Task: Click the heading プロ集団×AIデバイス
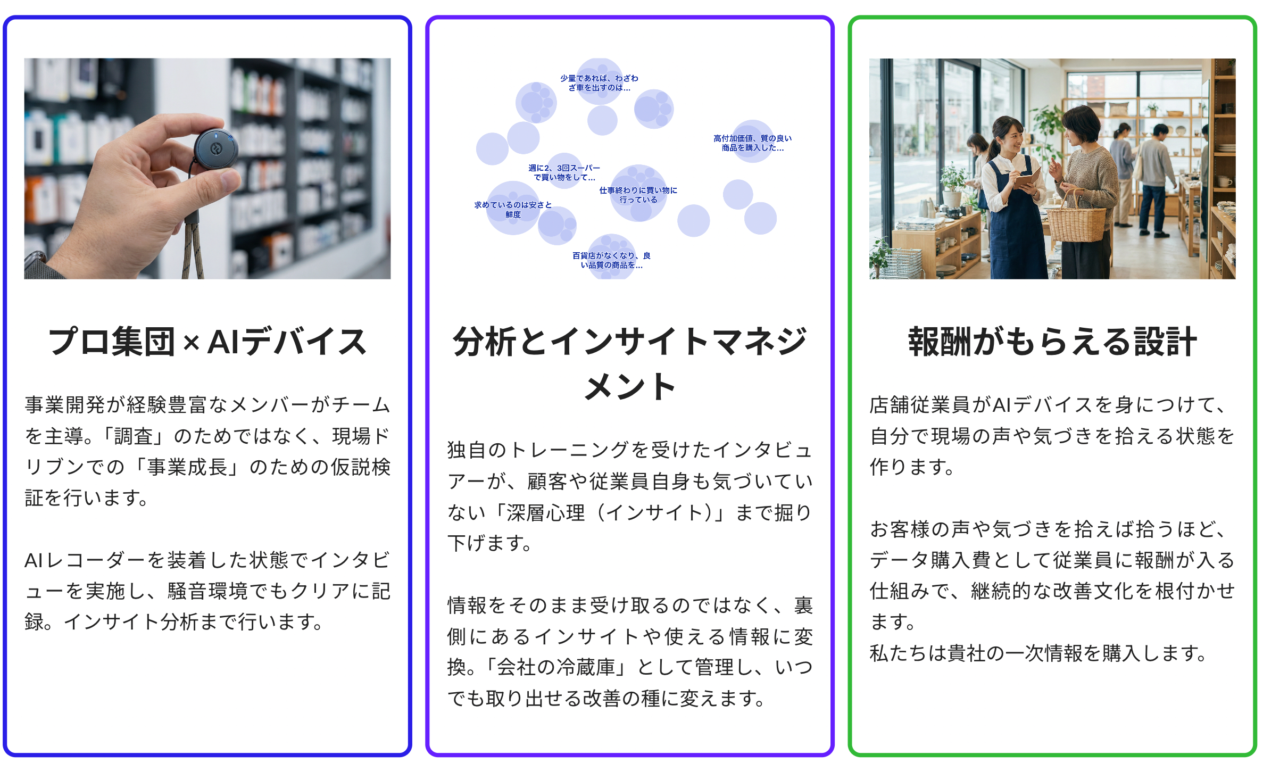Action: [207, 342]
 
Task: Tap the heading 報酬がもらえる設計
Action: [1052, 342]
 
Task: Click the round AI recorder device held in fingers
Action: [215, 150]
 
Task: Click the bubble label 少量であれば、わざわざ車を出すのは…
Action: [599, 83]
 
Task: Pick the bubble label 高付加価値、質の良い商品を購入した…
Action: [752, 143]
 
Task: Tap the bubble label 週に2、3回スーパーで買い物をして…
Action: [564, 173]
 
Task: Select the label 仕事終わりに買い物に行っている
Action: [638, 195]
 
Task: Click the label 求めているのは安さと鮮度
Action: [513, 210]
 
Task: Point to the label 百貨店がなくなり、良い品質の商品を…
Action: [611, 261]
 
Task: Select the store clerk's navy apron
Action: [1013, 229]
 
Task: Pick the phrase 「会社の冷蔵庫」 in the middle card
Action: [556, 667]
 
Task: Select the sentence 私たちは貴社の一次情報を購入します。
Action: [1038, 653]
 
